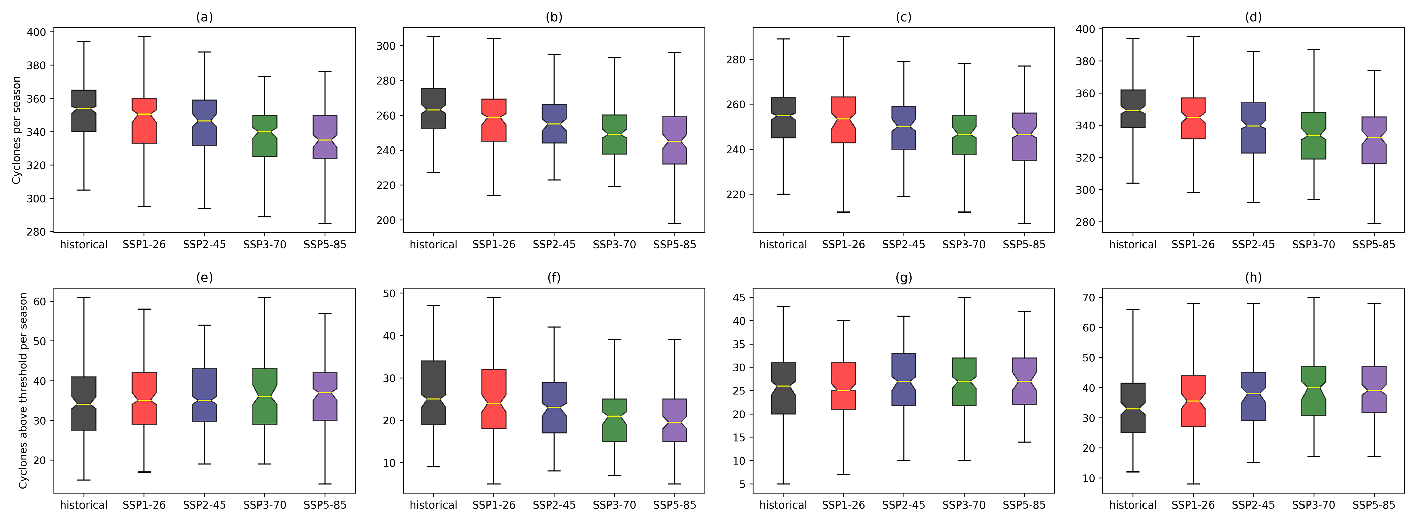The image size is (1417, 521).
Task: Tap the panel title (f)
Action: click(x=554, y=277)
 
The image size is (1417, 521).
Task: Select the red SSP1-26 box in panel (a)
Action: click(x=144, y=121)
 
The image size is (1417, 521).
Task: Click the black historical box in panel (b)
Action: click(x=433, y=108)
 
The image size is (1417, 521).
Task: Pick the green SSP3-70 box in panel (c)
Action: click(x=964, y=135)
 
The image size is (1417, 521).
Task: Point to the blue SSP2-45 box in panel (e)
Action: click(x=204, y=395)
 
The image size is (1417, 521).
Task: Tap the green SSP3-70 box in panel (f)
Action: click(x=614, y=420)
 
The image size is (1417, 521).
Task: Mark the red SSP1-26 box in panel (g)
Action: click(x=843, y=386)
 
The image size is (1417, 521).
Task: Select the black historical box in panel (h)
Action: click(x=1133, y=408)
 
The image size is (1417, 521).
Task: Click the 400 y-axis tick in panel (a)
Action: click(x=36, y=32)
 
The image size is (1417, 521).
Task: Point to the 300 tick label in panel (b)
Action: click(x=386, y=46)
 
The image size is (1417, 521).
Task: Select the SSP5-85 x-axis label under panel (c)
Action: click(x=1024, y=244)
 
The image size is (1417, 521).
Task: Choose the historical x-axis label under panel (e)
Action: click(x=84, y=504)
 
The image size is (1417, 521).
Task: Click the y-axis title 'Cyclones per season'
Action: click(x=17, y=130)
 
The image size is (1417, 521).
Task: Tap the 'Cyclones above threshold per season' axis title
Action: click(x=23, y=390)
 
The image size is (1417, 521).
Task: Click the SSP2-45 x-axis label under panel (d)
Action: click(x=1253, y=244)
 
